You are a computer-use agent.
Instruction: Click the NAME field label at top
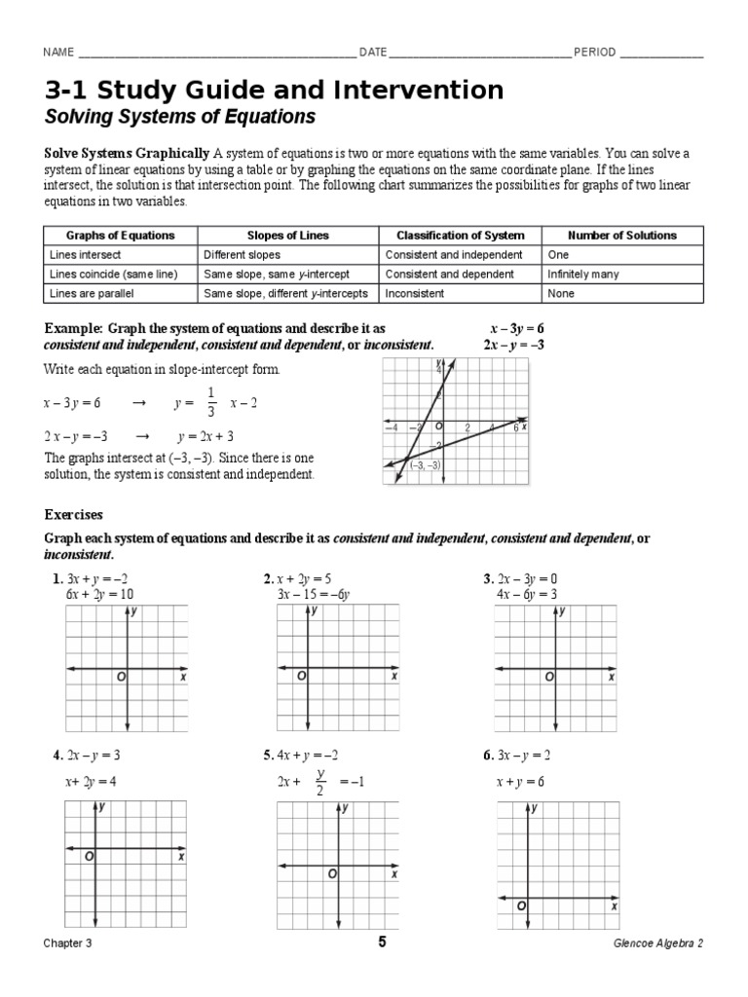57,53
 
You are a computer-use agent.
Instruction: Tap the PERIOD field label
594,53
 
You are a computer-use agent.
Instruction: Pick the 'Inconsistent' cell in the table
415,293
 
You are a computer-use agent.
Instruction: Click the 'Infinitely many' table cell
583,275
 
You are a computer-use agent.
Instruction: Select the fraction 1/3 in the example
209,402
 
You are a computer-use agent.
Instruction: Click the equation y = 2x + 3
206,436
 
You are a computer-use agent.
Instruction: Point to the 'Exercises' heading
73,514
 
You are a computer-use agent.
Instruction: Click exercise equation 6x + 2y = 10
99,595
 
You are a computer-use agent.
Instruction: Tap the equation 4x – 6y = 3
527,595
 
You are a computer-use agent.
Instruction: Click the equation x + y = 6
520,781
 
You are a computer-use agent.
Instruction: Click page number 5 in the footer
382,942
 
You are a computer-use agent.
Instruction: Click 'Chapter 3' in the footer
68,943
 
